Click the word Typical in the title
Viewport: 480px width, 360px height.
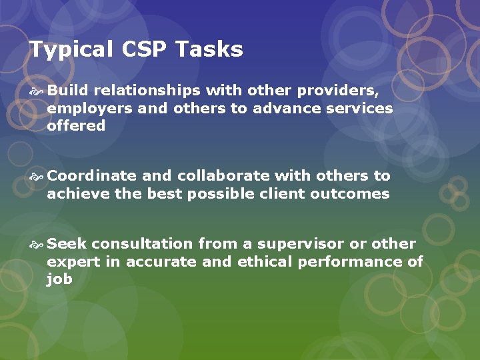point(70,49)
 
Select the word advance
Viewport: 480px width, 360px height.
point(286,108)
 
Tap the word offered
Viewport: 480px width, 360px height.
point(76,125)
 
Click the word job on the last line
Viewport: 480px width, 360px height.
point(59,279)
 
